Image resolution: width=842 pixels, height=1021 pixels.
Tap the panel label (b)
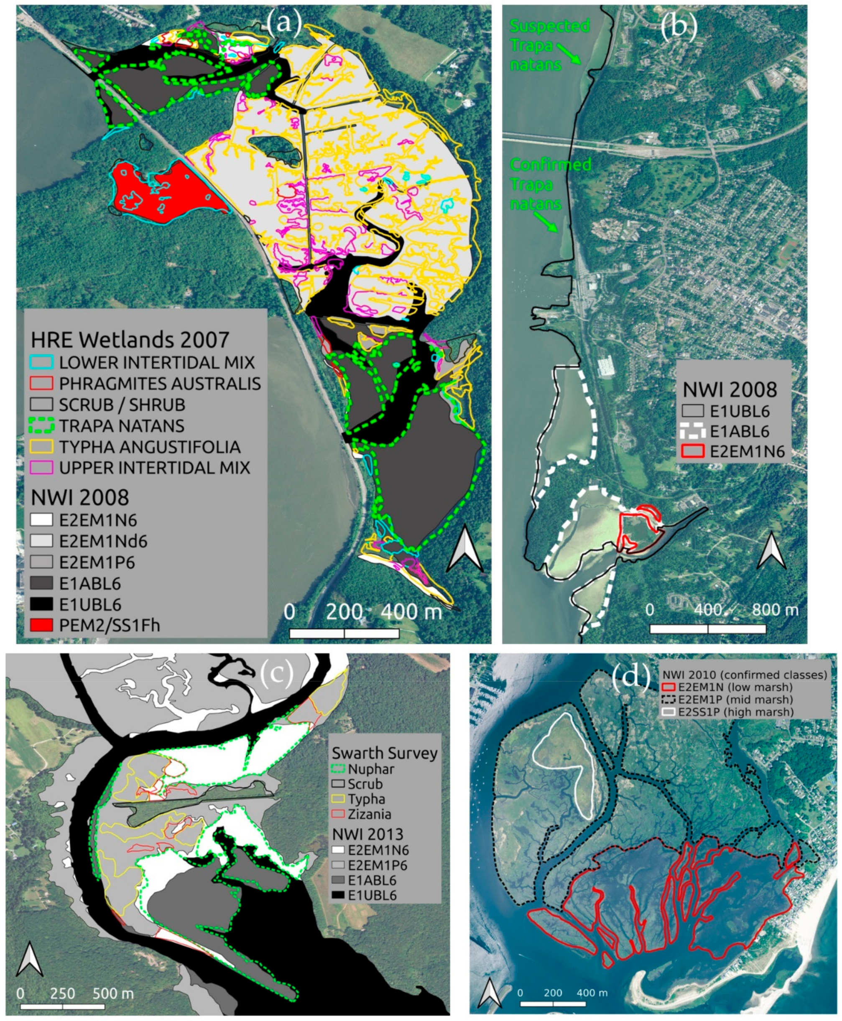(x=679, y=27)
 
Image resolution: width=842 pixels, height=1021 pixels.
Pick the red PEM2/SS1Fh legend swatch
(x=41, y=625)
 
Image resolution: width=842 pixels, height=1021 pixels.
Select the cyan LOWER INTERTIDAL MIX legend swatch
(x=41, y=362)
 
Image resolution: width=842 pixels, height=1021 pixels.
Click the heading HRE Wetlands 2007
(x=130, y=340)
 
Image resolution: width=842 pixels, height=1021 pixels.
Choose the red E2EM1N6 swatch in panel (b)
(x=693, y=451)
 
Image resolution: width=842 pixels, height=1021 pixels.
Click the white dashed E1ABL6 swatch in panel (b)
(x=693, y=431)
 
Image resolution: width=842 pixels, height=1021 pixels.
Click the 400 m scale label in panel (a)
(x=411, y=612)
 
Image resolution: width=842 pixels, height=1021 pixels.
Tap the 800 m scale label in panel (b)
(x=775, y=609)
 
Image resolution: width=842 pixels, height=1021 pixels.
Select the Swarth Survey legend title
(x=384, y=753)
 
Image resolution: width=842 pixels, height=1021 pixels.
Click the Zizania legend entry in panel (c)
(x=369, y=814)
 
